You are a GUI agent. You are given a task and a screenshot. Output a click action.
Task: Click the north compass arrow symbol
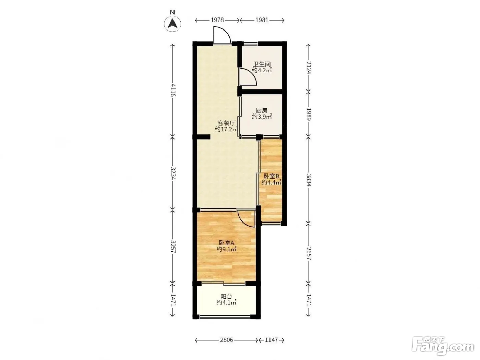[x=172, y=23]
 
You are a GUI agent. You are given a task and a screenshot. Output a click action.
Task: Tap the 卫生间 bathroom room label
[x=262, y=64]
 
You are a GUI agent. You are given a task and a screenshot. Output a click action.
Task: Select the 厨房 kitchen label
[x=262, y=110]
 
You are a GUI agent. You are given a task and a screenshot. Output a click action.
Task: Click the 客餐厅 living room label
[x=226, y=123]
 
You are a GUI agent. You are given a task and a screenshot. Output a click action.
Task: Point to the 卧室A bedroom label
[x=227, y=243]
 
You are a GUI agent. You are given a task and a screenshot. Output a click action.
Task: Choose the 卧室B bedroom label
[x=272, y=176]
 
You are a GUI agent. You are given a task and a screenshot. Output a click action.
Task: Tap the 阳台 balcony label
[x=226, y=296]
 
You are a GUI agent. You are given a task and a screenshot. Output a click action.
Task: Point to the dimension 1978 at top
[x=217, y=20]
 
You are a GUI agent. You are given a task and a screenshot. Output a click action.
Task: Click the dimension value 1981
[x=262, y=20]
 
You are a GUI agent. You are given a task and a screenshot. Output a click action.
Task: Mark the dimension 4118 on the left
[x=173, y=90]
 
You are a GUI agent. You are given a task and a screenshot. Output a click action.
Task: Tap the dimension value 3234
[x=173, y=173]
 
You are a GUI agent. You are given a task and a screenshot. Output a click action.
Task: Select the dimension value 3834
[x=308, y=180]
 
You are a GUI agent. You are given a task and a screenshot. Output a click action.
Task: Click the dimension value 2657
[x=308, y=254]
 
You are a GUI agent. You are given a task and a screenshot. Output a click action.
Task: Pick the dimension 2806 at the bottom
[x=227, y=340]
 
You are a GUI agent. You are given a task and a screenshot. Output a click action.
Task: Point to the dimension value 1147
[x=272, y=340]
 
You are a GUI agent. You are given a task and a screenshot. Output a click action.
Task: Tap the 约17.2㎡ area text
[x=226, y=129]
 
